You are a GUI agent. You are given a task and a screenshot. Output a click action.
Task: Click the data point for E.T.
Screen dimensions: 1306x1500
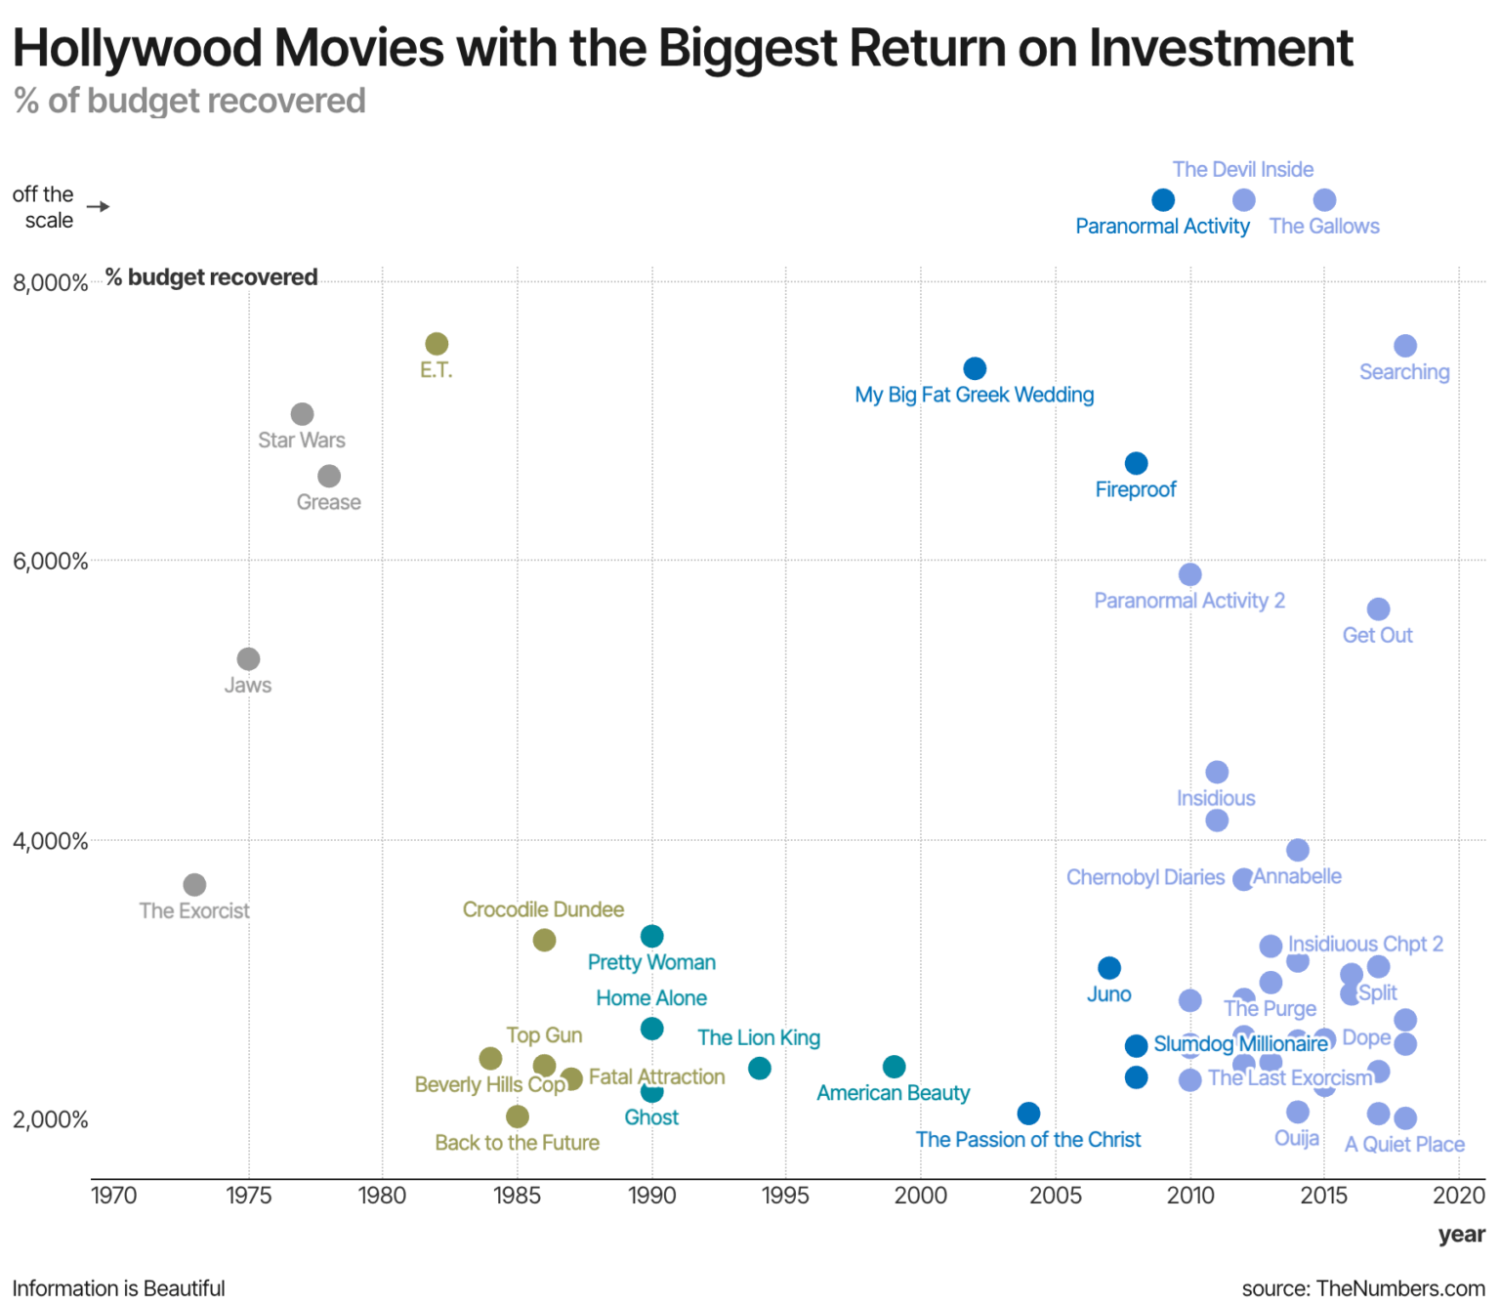pos(437,344)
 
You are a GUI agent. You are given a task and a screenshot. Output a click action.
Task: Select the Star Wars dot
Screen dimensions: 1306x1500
pos(303,414)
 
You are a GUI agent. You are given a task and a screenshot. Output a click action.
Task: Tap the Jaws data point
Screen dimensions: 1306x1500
pos(249,659)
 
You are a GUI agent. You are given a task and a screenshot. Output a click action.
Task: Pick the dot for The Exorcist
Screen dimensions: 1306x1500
pos(194,885)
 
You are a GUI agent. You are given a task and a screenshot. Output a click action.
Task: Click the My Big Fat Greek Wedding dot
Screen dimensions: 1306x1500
pos(975,368)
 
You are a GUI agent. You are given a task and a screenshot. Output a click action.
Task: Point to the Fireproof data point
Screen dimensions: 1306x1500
pos(1136,463)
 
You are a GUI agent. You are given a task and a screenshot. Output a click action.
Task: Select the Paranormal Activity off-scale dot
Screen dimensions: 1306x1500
pos(1163,200)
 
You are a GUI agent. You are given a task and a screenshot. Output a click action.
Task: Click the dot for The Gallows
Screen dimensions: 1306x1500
pos(1324,200)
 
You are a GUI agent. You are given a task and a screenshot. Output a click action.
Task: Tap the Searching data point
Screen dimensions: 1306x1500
pos(1405,346)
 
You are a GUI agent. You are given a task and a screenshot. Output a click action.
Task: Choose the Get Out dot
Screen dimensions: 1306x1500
pos(1378,610)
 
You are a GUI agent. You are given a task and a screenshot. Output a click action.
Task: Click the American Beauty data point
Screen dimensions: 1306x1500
pos(894,1067)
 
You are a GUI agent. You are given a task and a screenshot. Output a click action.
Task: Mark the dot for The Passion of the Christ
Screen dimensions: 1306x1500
pos(1028,1114)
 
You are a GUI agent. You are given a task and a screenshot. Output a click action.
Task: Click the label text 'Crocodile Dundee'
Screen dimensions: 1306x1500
pos(543,909)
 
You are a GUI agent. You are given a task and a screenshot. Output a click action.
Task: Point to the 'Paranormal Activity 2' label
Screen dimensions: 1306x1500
pos(1188,601)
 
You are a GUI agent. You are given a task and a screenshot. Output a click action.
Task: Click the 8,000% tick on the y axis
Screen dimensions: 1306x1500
pos(50,283)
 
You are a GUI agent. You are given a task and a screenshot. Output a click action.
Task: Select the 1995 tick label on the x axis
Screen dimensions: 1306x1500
pos(785,1196)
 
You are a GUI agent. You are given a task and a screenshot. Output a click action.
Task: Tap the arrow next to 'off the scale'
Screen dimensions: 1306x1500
pos(98,207)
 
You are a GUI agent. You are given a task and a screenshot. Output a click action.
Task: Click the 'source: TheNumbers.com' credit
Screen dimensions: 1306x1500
pos(1363,1288)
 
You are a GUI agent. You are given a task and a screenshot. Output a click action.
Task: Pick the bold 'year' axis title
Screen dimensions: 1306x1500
pos(1461,1235)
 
